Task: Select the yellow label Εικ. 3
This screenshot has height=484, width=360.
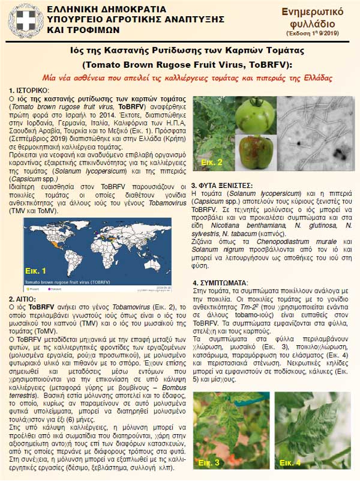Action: point(214,462)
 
